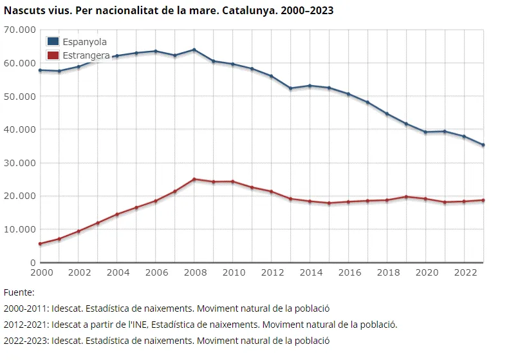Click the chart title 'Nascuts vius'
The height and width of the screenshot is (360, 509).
pyautogui.click(x=169, y=11)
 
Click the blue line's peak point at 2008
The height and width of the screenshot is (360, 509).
pyautogui.click(x=194, y=50)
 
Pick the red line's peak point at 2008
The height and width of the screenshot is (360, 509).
pyautogui.click(x=194, y=179)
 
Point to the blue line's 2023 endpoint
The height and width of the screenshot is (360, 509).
pyautogui.click(x=483, y=145)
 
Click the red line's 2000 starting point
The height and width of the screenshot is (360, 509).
pyautogui.click(x=40, y=243)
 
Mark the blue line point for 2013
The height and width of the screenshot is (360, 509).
pyautogui.click(x=291, y=88)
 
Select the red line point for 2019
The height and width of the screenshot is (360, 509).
pyautogui.click(x=406, y=197)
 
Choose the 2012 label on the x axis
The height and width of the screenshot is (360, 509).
pyautogui.click(x=272, y=272)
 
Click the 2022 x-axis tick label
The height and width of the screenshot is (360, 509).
pyautogui.click(x=464, y=272)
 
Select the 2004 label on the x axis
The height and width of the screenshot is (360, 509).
pyautogui.click(x=118, y=272)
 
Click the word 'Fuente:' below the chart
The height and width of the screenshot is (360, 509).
pyautogui.click(x=19, y=292)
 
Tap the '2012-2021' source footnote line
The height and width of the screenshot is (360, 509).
pyautogui.click(x=200, y=324)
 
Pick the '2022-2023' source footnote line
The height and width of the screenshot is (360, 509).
pyautogui.click(x=166, y=340)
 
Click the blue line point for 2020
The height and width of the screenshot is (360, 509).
pyautogui.click(x=425, y=132)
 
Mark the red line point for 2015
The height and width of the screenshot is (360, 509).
pyautogui.click(x=329, y=203)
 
